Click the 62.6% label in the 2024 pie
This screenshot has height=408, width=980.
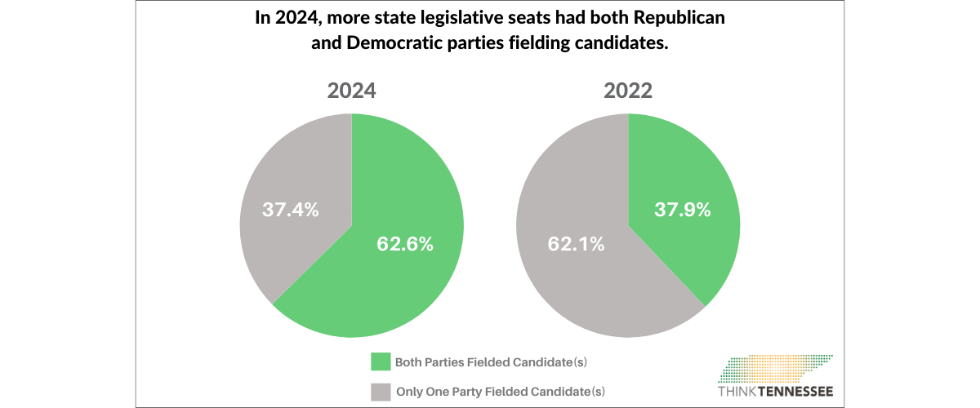click(404, 243)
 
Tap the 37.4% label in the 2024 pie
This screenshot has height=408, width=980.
click(290, 209)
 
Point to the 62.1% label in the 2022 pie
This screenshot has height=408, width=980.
click(576, 243)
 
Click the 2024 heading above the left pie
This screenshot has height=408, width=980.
click(351, 91)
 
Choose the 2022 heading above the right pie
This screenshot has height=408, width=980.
click(628, 91)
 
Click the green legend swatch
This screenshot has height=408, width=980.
click(381, 361)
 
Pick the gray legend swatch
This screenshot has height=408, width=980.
click(381, 391)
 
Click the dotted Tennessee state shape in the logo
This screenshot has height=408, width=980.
click(776, 368)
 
